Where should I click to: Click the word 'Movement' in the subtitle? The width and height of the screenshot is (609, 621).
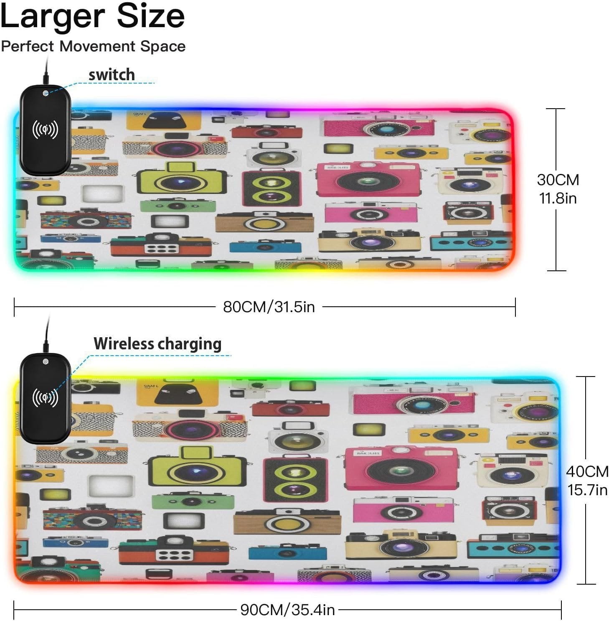tap(97, 46)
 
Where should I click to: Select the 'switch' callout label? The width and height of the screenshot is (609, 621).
tap(112, 75)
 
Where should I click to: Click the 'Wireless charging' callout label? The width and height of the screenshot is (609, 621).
tap(157, 344)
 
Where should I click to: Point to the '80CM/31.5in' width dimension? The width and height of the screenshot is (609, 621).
tap(269, 307)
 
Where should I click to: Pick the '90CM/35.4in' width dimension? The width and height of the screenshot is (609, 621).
tap(288, 610)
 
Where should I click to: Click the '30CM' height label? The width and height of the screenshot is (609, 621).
tap(558, 180)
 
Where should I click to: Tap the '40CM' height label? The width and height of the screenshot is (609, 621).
tap(587, 471)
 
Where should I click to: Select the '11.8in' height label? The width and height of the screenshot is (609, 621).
tap(558, 198)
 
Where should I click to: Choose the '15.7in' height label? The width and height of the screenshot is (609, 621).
tap(587, 490)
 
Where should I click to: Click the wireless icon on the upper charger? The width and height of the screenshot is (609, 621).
tap(45, 130)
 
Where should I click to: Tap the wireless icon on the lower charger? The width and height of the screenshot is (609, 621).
tap(45, 398)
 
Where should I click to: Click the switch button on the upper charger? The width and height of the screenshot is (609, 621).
tap(46, 93)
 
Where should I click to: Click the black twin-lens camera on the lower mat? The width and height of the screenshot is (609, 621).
tap(295, 479)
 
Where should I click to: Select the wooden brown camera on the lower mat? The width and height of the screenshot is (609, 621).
tap(287, 522)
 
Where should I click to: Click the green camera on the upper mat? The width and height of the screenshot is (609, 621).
tap(178, 205)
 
